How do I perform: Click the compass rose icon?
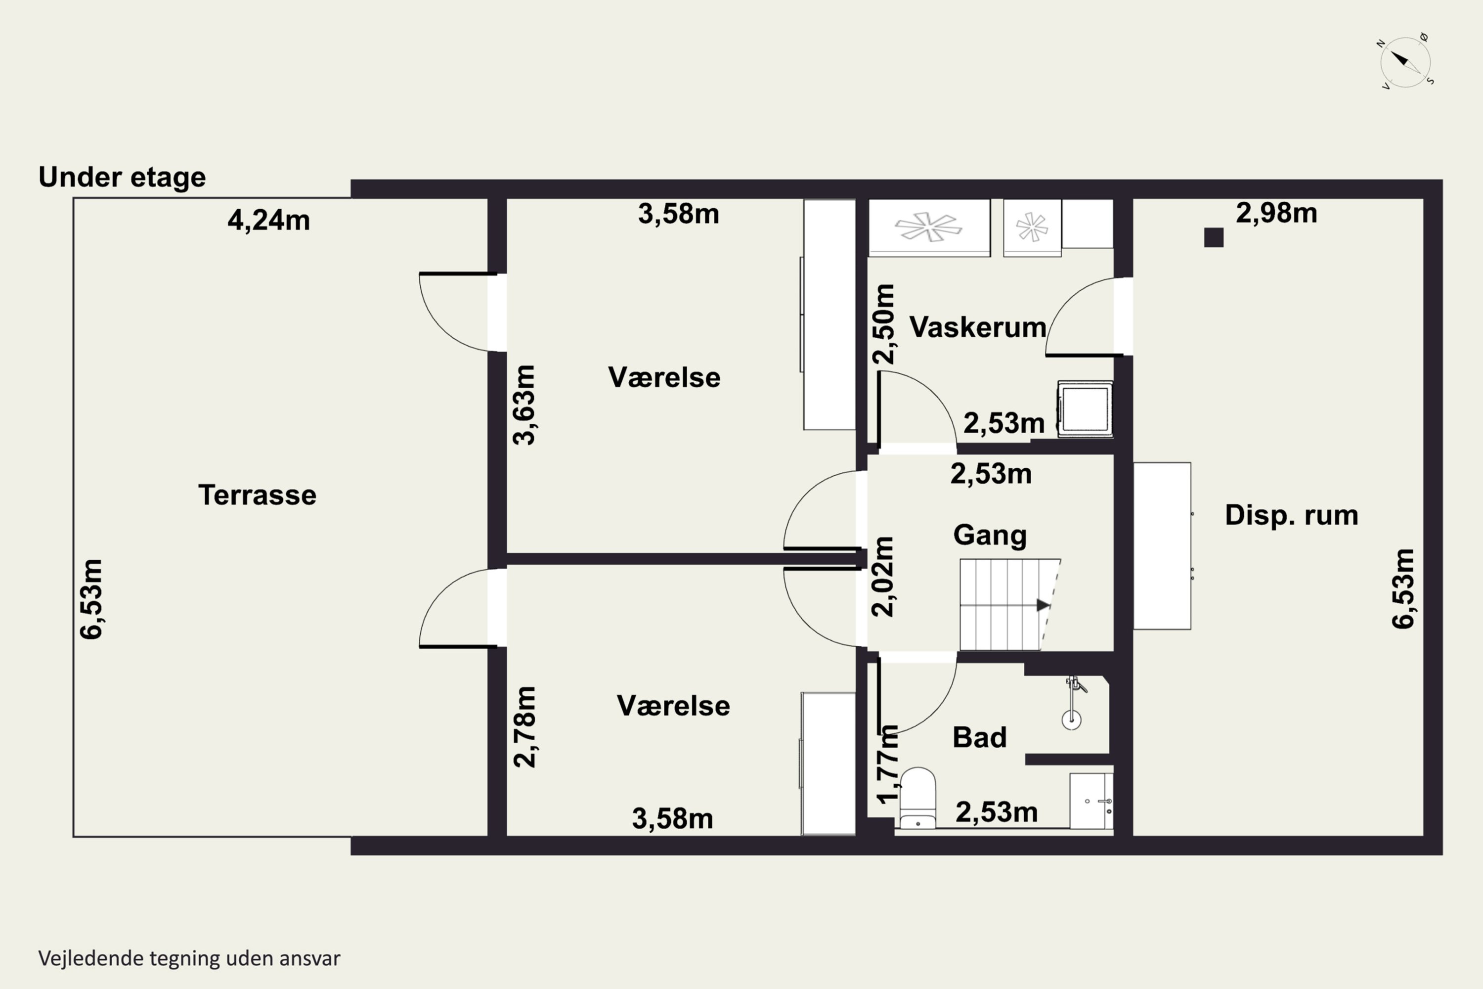point(1405,62)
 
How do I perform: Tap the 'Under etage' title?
point(122,177)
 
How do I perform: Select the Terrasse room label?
point(257,495)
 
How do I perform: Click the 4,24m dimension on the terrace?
point(268,221)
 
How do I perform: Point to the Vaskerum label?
point(977,327)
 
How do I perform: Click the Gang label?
point(990,536)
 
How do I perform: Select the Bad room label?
point(979,737)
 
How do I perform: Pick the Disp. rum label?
point(1291,515)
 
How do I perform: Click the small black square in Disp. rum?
point(1214,237)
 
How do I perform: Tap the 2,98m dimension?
point(1276,213)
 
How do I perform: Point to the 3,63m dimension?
point(524,405)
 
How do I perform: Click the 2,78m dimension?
point(524,726)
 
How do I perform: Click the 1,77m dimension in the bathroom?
point(888,764)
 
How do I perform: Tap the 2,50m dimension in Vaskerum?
point(883,324)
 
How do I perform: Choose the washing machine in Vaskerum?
point(1085,409)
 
